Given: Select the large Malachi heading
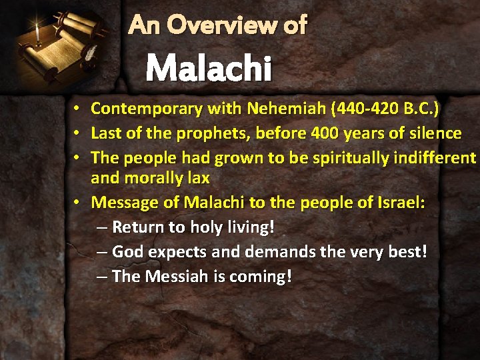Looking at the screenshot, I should [x=209, y=68].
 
